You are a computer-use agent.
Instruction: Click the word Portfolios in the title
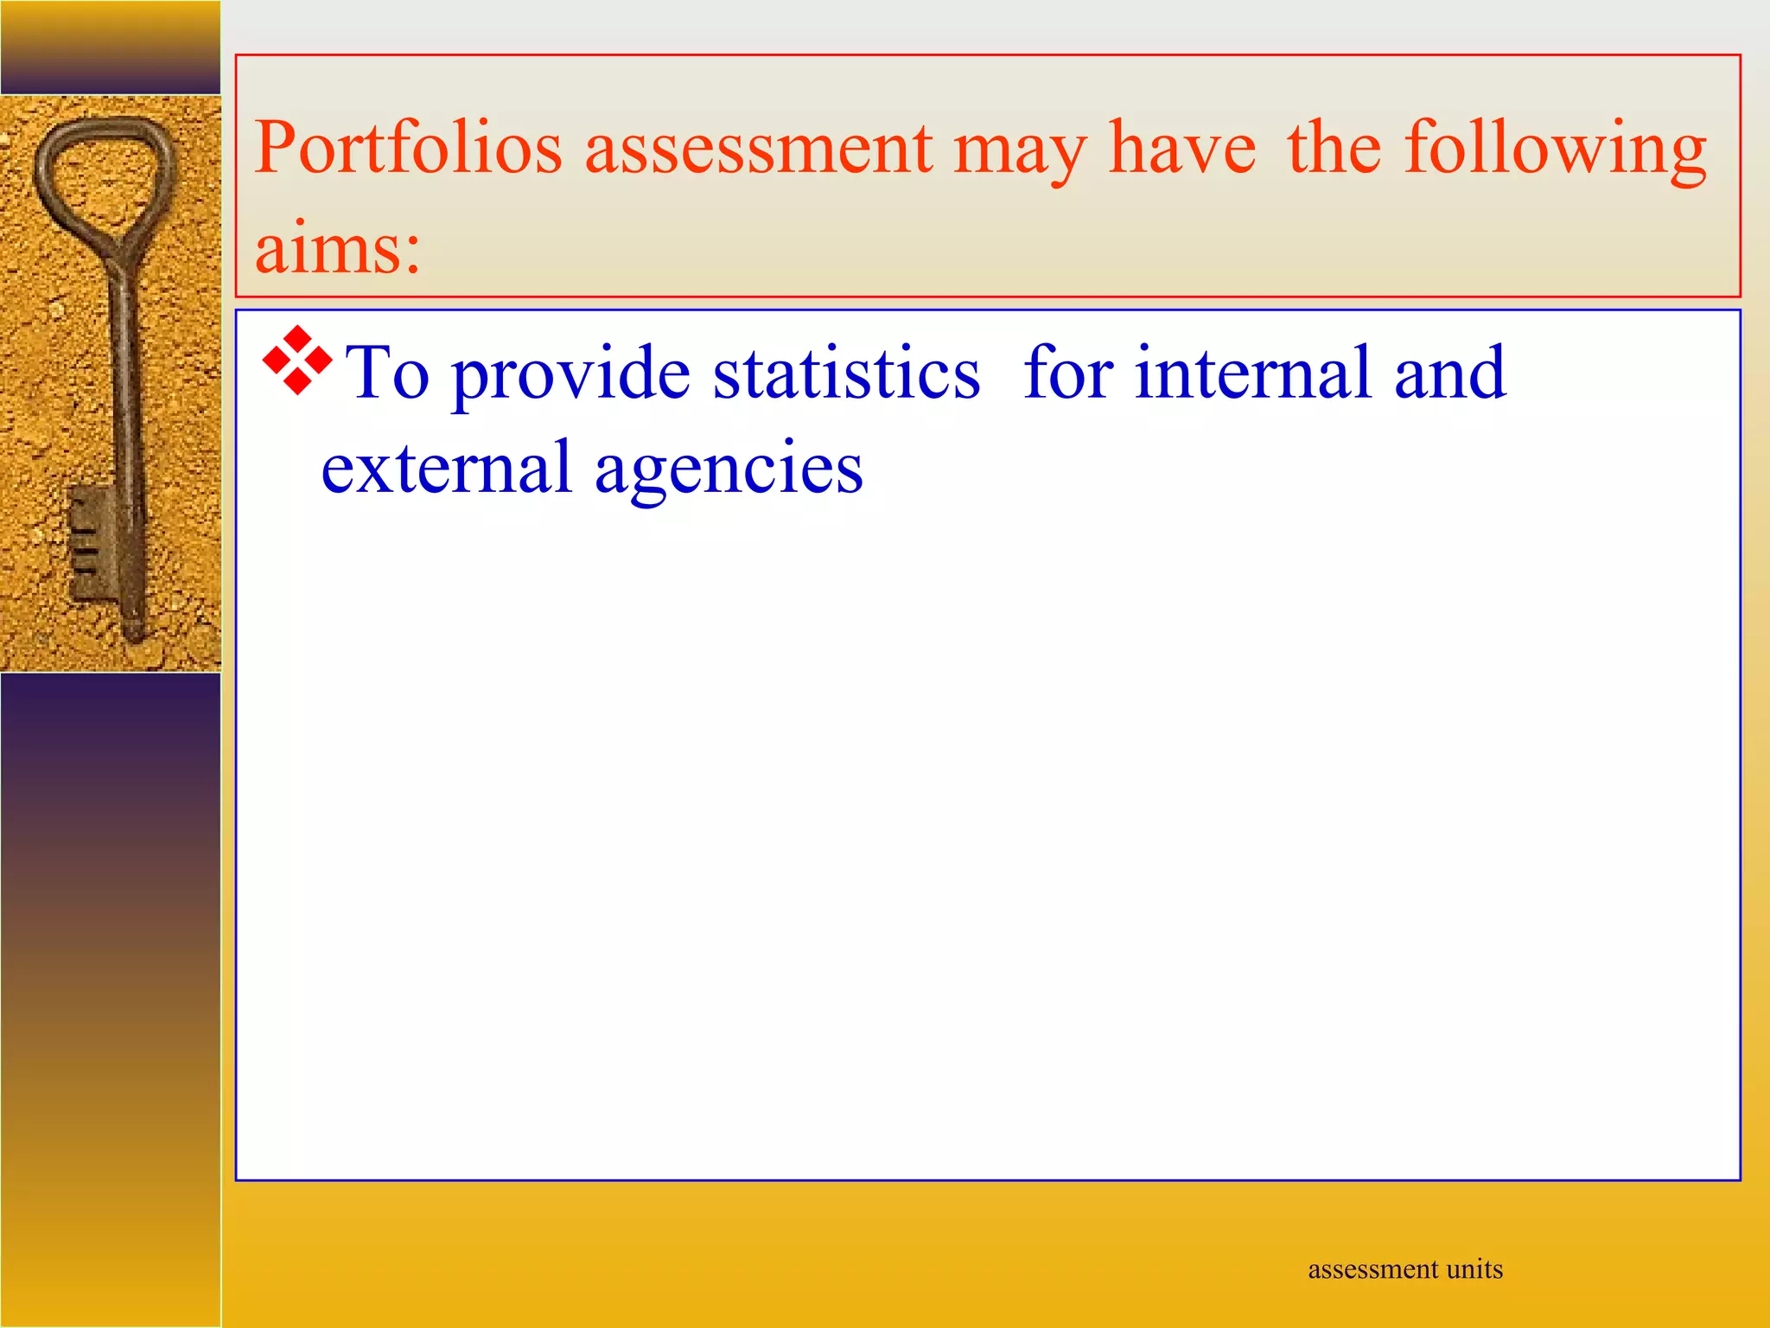[x=408, y=149]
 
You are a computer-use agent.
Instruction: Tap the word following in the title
[x=1555, y=149]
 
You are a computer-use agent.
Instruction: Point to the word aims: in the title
[x=337, y=248]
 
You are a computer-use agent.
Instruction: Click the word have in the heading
[x=1181, y=149]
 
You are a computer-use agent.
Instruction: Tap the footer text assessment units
[x=1405, y=1269]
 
